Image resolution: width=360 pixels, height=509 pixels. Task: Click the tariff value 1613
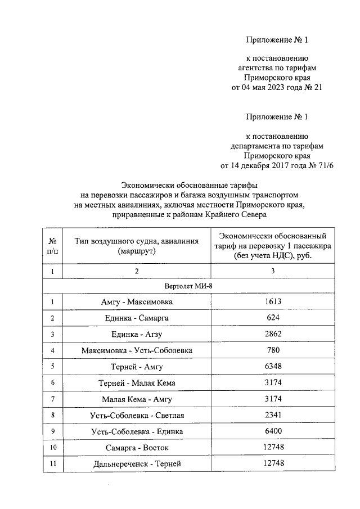coord(273,302)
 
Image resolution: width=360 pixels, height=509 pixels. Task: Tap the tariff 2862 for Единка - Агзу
coord(273,334)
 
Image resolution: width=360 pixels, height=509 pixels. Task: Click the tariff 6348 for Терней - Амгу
coord(273,367)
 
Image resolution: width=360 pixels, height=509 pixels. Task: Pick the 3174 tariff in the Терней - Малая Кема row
coord(273,383)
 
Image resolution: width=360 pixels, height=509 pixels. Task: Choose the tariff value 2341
coord(273,415)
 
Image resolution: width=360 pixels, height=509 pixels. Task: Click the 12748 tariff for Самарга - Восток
coord(273,448)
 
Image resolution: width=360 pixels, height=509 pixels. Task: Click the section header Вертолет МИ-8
coord(189,286)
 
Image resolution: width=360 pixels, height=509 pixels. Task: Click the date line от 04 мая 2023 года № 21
coord(277,87)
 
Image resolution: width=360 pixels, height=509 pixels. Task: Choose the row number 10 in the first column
coord(52,448)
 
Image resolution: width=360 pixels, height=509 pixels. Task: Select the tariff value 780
coord(273,350)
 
